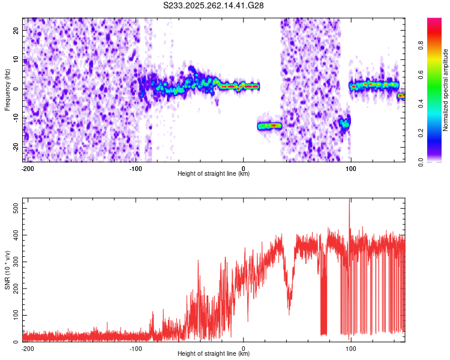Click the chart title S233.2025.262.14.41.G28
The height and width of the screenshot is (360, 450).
tap(214, 5)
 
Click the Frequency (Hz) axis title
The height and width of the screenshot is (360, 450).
tap(7, 89)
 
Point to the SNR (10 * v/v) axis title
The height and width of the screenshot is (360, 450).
tap(7, 269)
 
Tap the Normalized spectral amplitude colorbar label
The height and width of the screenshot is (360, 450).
tap(445, 89)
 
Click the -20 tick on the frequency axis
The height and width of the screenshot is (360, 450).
tap(15, 148)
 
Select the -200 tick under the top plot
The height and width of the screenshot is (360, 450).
tap(27, 168)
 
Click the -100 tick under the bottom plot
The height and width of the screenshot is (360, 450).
tap(136, 348)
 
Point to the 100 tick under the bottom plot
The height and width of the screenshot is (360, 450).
tap(351, 348)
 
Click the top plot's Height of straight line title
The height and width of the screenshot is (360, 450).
tap(214, 174)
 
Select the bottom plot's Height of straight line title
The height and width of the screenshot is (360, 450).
tap(214, 354)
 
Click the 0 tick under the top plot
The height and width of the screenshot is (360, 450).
tap(244, 168)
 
